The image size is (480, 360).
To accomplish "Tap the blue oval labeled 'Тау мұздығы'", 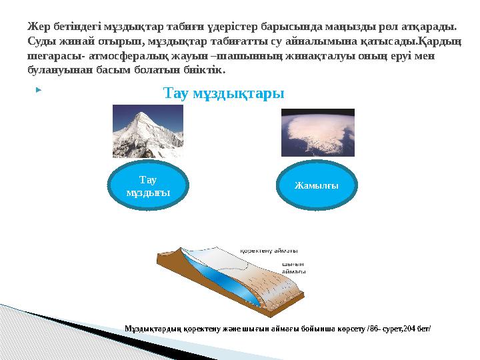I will pyautogui.click(x=149, y=185).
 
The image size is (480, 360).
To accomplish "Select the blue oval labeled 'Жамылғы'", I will pyautogui.click(x=317, y=185).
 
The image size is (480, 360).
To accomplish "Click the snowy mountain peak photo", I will pyautogui.click(x=147, y=131).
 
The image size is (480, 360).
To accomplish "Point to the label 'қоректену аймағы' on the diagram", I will pyautogui.click(x=269, y=252).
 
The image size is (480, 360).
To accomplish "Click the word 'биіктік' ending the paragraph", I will pyautogui.click(x=205, y=70).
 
